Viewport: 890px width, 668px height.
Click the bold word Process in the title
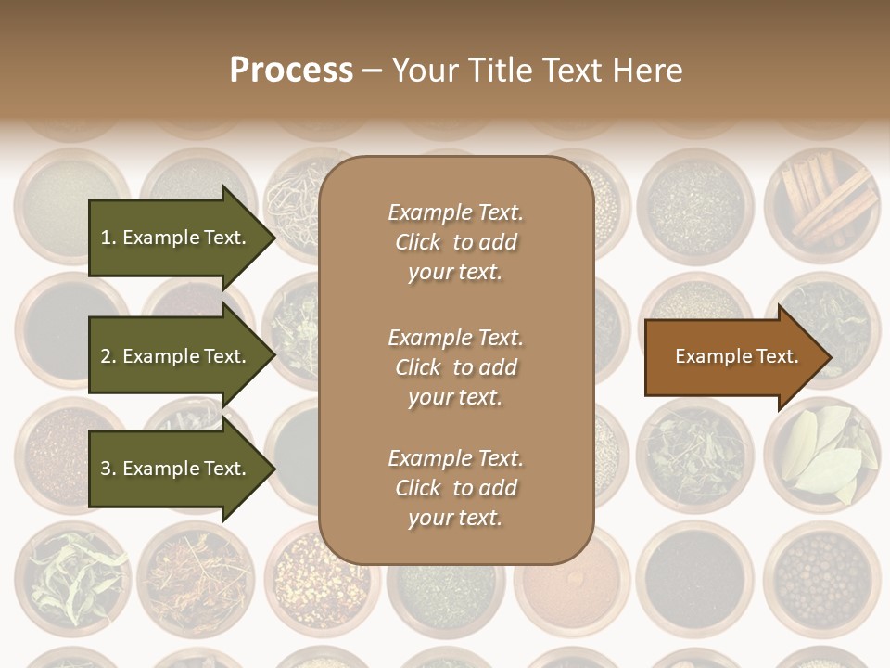(x=291, y=70)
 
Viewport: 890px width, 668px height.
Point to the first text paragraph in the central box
(x=455, y=242)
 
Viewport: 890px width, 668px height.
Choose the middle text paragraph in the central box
(x=455, y=367)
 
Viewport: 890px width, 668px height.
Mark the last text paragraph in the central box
(x=455, y=488)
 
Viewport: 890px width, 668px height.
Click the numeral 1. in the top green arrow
(x=108, y=238)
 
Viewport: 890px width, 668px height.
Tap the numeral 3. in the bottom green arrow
(x=108, y=469)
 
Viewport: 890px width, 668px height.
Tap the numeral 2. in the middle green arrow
(x=108, y=356)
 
